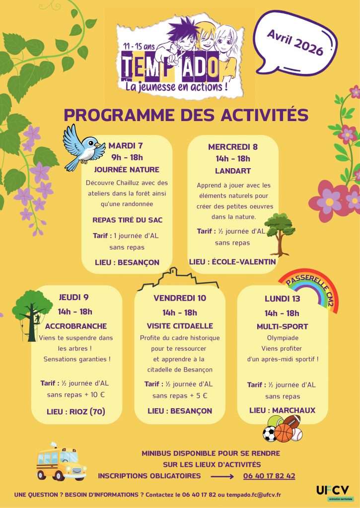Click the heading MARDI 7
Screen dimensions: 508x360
tap(126, 145)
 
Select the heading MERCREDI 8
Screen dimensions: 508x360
tap(232, 146)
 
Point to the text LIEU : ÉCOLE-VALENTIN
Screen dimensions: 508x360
tap(232, 261)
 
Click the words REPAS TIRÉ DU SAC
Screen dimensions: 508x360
tap(128, 220)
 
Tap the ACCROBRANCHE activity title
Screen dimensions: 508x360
tap(75, 326)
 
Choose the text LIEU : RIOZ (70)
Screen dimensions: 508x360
tap(76, 412)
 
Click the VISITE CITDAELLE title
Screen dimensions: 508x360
tap(179, 326)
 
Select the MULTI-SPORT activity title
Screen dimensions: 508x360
tap(282, 326)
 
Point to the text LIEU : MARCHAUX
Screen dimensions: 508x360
tap(282, 410)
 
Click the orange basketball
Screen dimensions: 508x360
tap(285, 432)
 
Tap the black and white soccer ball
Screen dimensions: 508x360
tap(269, 434)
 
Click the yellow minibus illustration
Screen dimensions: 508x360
tap(61, 462)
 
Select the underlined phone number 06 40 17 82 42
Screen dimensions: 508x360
tap(269, 476)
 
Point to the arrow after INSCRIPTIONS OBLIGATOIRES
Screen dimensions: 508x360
tap(222, 476)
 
